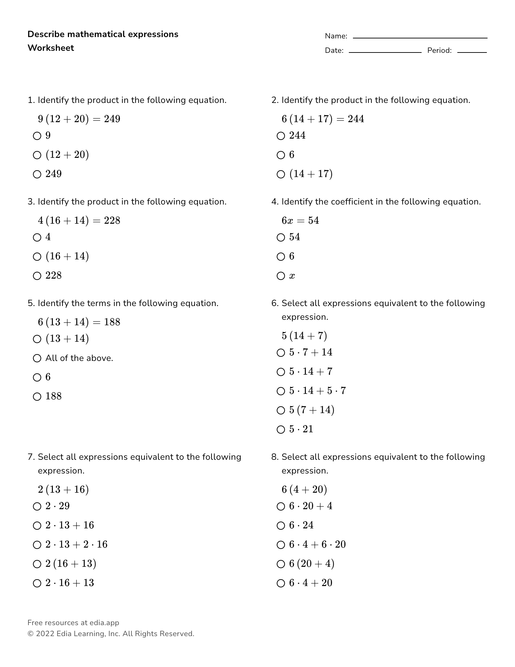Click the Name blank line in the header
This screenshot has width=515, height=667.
tap(420, 37)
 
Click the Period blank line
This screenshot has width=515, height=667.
tap(472, 52)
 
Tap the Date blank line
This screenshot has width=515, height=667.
tap(385, 52)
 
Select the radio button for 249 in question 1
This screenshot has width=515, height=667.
tap(37, 174)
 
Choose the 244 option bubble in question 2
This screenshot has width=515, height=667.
tap(281, 136)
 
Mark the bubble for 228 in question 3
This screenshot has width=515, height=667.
tap(37, 276)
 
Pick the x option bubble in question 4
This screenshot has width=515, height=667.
tap(281, 276)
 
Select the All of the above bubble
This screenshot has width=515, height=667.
tap(37, 359)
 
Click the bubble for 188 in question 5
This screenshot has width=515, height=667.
tap(37, 397)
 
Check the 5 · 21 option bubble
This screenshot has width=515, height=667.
tap(281, 430)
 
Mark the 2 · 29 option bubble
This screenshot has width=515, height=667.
tap(37, 506)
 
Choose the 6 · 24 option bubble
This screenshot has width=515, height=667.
tap(281, 526)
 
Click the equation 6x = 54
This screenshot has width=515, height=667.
tap(300, 220)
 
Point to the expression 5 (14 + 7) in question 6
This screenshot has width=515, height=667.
tap(304, 336)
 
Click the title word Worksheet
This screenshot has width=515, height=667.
tap(51, 48)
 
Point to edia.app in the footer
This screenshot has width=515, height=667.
tap(104, 623)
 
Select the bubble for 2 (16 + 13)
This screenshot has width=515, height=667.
tap(37, 564)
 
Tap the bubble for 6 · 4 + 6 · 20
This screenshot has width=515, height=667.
tap(281, 545)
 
